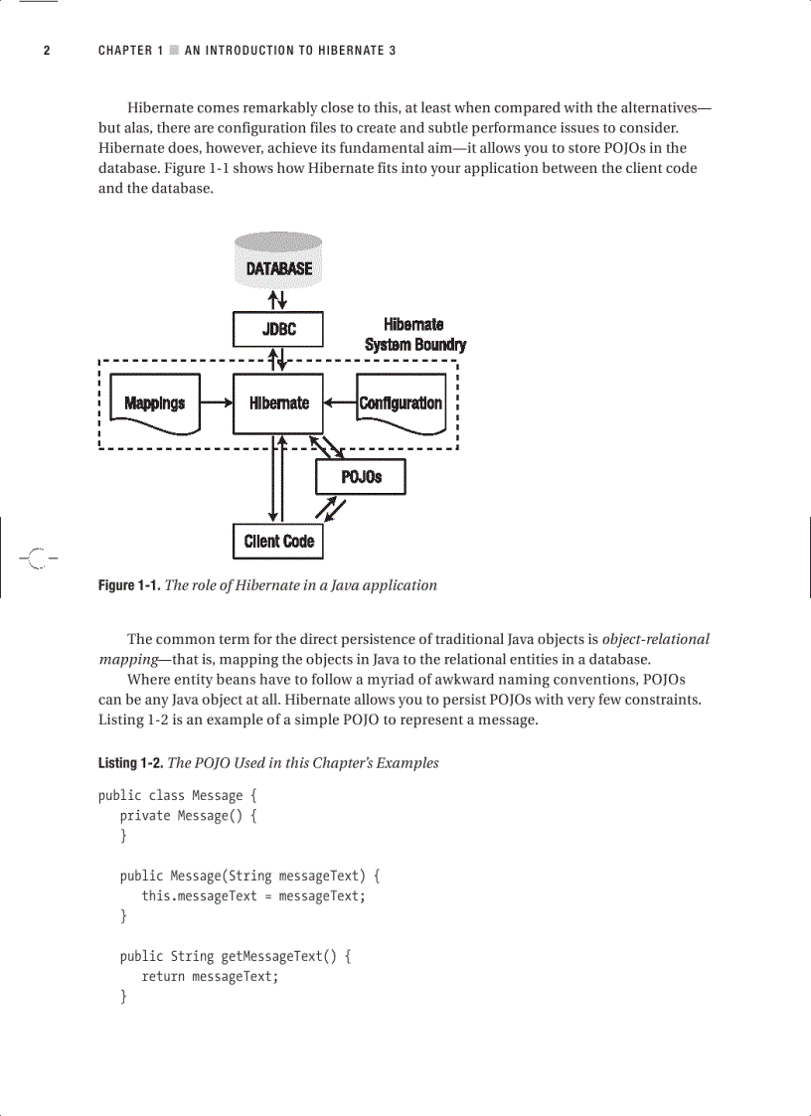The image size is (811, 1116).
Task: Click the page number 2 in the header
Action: pyautogui.click(x=46, y=51)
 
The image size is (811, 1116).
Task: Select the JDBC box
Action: pyautogui.click(x=278, y=329)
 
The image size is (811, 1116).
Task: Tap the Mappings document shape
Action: pyautogui.click(x=154, y=403)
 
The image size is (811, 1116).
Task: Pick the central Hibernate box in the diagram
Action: pyautogui.click(x=278, y=403)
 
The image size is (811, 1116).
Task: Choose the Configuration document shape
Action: pyautogui.click(x=401, y=403)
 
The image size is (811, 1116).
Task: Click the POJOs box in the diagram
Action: pyautogui.click(x=361, y=477)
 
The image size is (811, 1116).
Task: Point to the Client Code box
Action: pyautogui.click(x=278, y=542)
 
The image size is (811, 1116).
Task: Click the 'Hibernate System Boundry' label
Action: pyautogui.click(x=414, y=335)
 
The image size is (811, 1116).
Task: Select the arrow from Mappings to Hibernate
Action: pyautogui.click(x=216, y=403)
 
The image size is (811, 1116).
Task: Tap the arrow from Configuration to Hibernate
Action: pyautogui.click(x=340, y=403)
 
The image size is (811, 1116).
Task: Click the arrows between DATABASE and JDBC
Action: pyautogui.click(x=278, y=299)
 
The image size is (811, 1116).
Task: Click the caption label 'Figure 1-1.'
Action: pyautogui.click(x=128, y=585)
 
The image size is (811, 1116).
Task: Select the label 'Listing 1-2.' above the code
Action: pyautogui.click(x=130, y=763)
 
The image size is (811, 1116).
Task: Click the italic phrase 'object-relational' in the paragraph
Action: pyautogui.click(x=656, y=639)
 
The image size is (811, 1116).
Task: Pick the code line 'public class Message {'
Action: pyautogui.click(x=170, y=795)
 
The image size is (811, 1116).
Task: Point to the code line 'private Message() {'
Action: pyautogui.click(x=189, y=816)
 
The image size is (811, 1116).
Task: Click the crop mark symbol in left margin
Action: pyautogui.click(x=36, y=558)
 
